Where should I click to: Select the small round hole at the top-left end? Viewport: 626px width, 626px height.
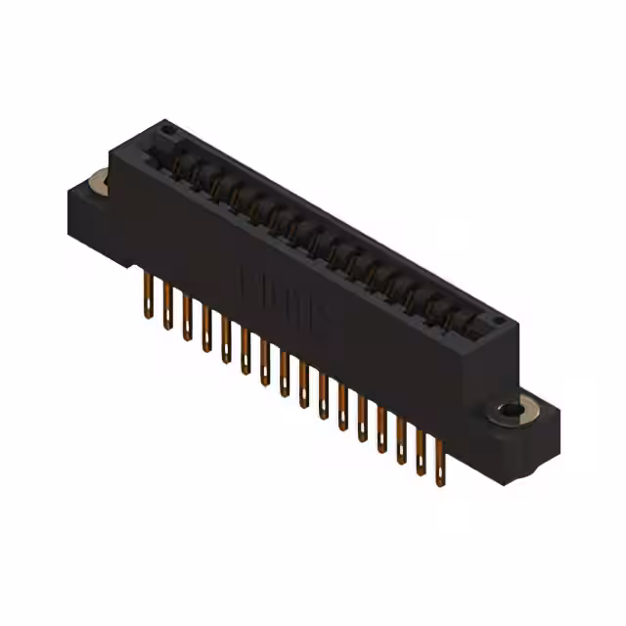(167, 128)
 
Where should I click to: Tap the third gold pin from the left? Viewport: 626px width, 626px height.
(187, 317)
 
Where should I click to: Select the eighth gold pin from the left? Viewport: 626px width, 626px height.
(284, 373)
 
